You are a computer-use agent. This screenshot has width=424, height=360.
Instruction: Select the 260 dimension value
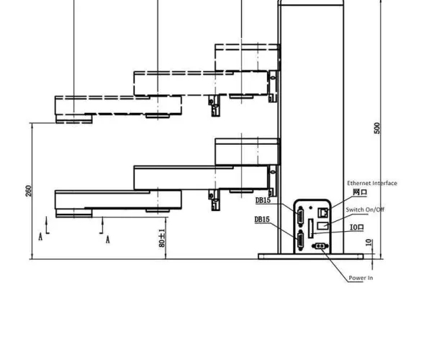pyautogui.click(x=29, y=190)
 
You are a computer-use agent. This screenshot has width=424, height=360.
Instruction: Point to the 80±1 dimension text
pyautogui.click(x=162, y=238)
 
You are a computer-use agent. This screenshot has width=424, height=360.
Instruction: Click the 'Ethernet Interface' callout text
pyautogui.click(x=371, y=183)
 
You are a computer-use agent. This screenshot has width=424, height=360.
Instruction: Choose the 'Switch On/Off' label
pyautogui.click(x=365, y=210)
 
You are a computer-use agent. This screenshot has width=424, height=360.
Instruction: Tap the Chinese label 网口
pyautogui.click(x=359, y=193)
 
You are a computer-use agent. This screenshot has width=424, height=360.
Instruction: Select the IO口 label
pyautogui.click(x=357, y=228)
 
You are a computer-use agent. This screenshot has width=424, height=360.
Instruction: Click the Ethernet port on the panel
pyautogui.click(x=323, y=212)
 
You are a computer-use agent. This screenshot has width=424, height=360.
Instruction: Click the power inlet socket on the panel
pyautogui.click(x=317, y=246)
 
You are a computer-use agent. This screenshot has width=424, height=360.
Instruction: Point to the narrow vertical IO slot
pyautogui.click(x=310, y=229)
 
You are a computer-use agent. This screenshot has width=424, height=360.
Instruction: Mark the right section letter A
pyautogui.click(x=108, y=239)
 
